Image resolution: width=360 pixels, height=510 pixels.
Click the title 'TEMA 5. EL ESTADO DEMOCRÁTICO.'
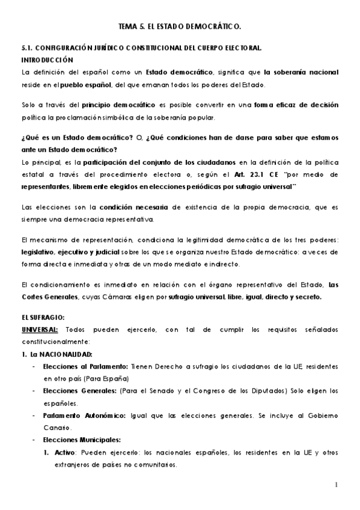tap(180, 28)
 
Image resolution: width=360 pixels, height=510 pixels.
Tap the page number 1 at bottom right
tap(337, 485)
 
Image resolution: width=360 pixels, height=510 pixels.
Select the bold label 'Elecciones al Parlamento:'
tap(79, 366)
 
